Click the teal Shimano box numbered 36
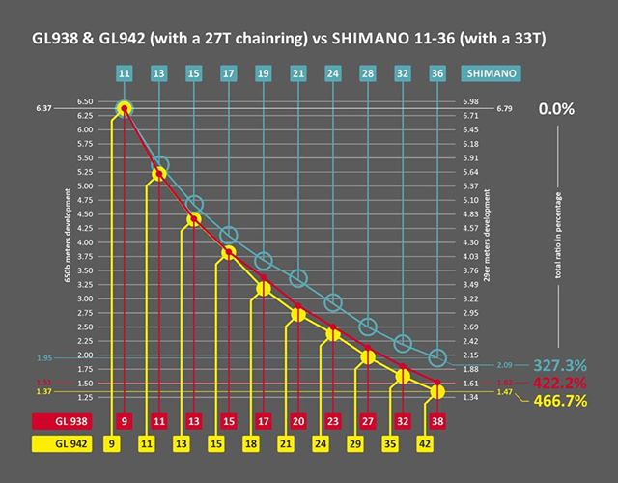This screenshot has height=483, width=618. tap(437, 72)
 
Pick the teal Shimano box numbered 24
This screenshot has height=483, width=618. tap(333, 72)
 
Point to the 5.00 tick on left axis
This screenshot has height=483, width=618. tap(84, 185)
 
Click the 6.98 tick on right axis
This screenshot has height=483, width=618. tap(471, 101)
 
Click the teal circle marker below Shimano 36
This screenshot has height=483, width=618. tap(437, 357)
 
